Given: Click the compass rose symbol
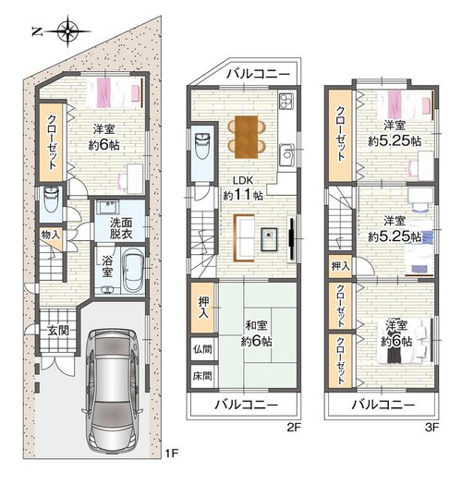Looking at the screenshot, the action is point(68,31).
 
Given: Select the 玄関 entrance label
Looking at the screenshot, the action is point(57,331).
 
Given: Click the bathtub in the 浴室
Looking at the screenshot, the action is point(133,270).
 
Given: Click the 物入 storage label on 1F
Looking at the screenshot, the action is point(51,235).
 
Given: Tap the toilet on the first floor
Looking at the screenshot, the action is point(51,200).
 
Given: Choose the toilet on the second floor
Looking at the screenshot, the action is point(202,146).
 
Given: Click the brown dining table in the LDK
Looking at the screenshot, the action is point(246,137).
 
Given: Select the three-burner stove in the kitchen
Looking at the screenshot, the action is point(286,101).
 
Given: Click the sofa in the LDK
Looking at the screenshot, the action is point(244,238).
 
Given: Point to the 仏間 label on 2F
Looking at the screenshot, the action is point(202,349).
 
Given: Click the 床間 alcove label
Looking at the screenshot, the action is point(202,376).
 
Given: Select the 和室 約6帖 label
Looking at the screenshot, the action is point(256,333).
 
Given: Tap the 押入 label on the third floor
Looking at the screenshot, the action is point(341,266).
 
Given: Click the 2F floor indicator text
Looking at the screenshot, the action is point(294,428).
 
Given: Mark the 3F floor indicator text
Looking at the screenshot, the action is point(432,428).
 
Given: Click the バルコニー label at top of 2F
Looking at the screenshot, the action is point(258,74).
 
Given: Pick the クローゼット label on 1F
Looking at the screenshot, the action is point(52,142).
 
